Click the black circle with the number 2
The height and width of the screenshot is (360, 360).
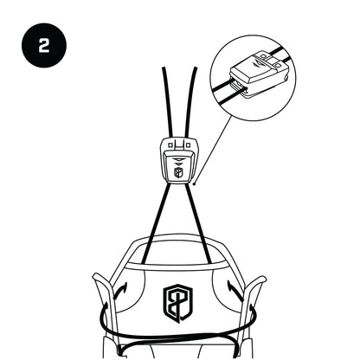(x=44, y=45)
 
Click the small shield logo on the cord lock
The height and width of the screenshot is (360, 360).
(x=178, y=172)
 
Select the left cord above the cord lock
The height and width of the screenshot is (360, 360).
(x=168, y=101)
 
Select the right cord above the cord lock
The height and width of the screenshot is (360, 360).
(x=190, y=101)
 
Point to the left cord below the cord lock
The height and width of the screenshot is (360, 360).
(x=156, y=222)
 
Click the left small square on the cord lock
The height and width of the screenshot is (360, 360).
(x=170, y=145)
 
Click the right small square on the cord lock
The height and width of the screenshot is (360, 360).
(x=188, y=145)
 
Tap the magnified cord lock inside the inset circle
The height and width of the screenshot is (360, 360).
(x=257, y=74)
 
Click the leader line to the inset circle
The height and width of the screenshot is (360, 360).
(x=214, y=150)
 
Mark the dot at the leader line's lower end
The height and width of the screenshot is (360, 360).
(x=195, y=183)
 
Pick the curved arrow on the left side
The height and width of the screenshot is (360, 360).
(x=119, y=291)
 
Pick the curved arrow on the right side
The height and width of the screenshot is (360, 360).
(x=235, y=291)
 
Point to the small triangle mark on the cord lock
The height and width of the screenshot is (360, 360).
(x=178, y=159)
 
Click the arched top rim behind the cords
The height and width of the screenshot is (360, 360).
(x=178, y=237)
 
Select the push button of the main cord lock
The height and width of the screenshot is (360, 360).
(x=178, y=167)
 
